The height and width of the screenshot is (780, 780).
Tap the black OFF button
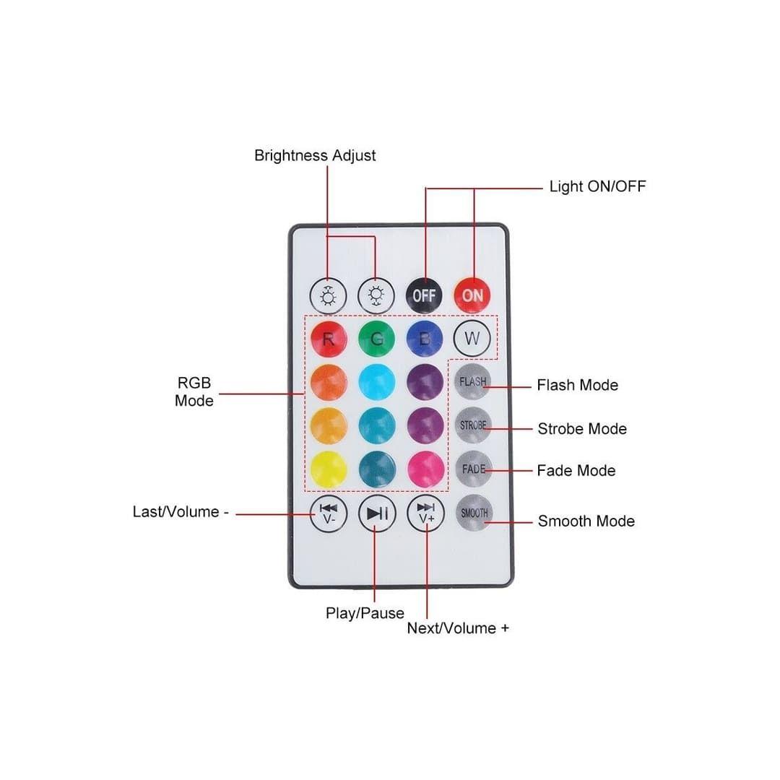point(424,295)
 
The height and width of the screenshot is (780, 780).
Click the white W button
point(472,337)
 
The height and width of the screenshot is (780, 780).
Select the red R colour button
point(329,338)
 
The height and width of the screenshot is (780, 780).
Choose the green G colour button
point(376,338)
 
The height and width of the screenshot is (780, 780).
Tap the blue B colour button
point(425,338)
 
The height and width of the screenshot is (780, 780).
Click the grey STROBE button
point(473,425)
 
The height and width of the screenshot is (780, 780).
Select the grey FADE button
point(473,469)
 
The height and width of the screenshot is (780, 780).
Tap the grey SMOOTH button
point(474,513)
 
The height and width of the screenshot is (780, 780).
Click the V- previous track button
point(329,513)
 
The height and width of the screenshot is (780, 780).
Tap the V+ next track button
point(425,513)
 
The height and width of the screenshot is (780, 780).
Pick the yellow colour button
point(329,469)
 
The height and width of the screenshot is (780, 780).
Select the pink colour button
point(425,469)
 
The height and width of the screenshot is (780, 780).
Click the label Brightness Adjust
point(315,156)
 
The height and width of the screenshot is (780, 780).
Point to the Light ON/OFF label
point(597,186)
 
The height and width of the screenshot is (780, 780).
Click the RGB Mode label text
point(194,392)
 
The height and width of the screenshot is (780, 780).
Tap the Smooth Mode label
point(586,521)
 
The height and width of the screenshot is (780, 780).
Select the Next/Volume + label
point(458,628)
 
